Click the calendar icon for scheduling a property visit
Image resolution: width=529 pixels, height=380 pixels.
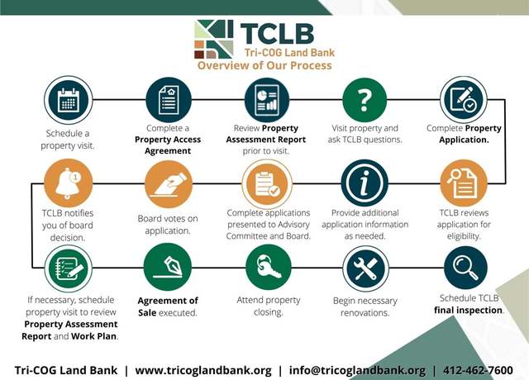pos(68,100)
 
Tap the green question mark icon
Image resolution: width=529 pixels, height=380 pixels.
pos(365,100)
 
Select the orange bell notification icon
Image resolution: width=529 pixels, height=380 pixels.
pos(68,183)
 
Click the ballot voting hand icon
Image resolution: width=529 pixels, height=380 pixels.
pos(169,184)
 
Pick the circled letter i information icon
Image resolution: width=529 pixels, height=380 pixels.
pos(365,183)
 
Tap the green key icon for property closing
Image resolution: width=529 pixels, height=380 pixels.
pos(268,267)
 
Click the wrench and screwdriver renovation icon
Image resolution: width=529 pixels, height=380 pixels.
pos(365,268)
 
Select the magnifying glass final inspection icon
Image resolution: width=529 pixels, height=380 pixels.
pos(465,268)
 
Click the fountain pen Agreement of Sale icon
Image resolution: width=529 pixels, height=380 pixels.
pos(168,267)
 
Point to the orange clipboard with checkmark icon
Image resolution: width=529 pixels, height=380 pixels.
pos(267,184)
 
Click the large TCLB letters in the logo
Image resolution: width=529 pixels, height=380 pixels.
pos(277,33)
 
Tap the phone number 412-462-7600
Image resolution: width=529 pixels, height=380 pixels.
pos(478,370)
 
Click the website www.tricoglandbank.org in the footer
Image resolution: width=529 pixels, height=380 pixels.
pos(203,371)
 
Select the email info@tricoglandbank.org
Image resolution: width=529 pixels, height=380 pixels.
pos(357,371)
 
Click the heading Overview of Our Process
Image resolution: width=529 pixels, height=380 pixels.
pos(264,65)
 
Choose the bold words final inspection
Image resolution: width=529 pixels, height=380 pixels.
pos(469,311)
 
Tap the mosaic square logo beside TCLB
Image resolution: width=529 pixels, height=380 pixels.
pos(213,39)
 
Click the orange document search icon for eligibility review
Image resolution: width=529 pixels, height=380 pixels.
pos(464,183)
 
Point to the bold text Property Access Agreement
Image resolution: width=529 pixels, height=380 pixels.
pos(168,145)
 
